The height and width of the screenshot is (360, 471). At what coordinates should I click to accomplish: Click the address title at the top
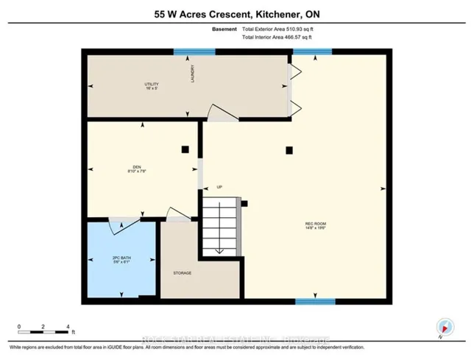(235, 13)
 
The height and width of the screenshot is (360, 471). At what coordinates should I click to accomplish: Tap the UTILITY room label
(152, 86)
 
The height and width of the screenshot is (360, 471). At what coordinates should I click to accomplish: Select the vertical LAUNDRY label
(192, 76)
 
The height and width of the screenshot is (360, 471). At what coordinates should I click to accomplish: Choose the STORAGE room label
(183, 273)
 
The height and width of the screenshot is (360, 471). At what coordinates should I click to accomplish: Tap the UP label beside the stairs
(219, 186)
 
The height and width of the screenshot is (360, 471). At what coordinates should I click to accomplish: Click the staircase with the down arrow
(221, 228)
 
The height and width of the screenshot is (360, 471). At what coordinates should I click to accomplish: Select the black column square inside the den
(185, 149)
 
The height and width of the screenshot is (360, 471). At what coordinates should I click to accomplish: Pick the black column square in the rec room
(291, 149)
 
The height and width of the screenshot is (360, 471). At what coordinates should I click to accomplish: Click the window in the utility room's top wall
(194, 52)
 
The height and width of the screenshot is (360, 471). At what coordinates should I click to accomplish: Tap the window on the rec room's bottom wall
(315, 301)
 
